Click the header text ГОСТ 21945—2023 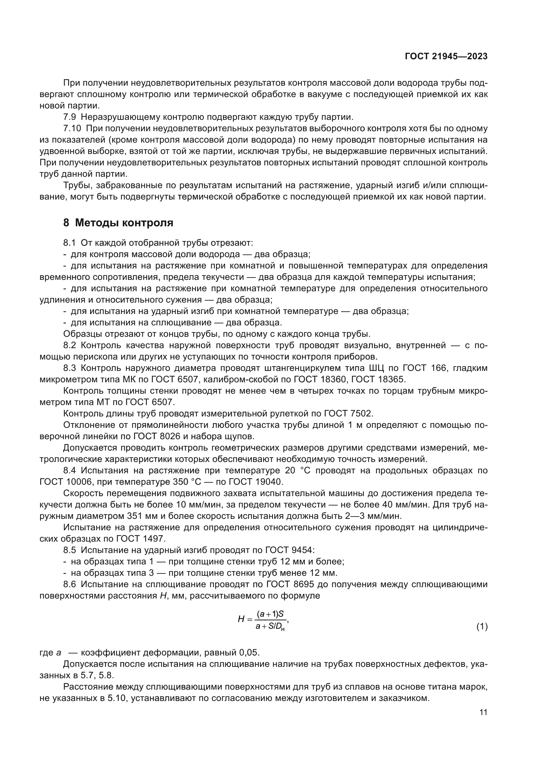coord(446,57)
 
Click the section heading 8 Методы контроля coord(118,223)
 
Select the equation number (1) coord(482,626)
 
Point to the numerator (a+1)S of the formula coord(271,614)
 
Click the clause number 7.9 coord(70,117)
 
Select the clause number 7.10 coord(72,129)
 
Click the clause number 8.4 coord(70,471)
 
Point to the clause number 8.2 coord(70,345)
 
